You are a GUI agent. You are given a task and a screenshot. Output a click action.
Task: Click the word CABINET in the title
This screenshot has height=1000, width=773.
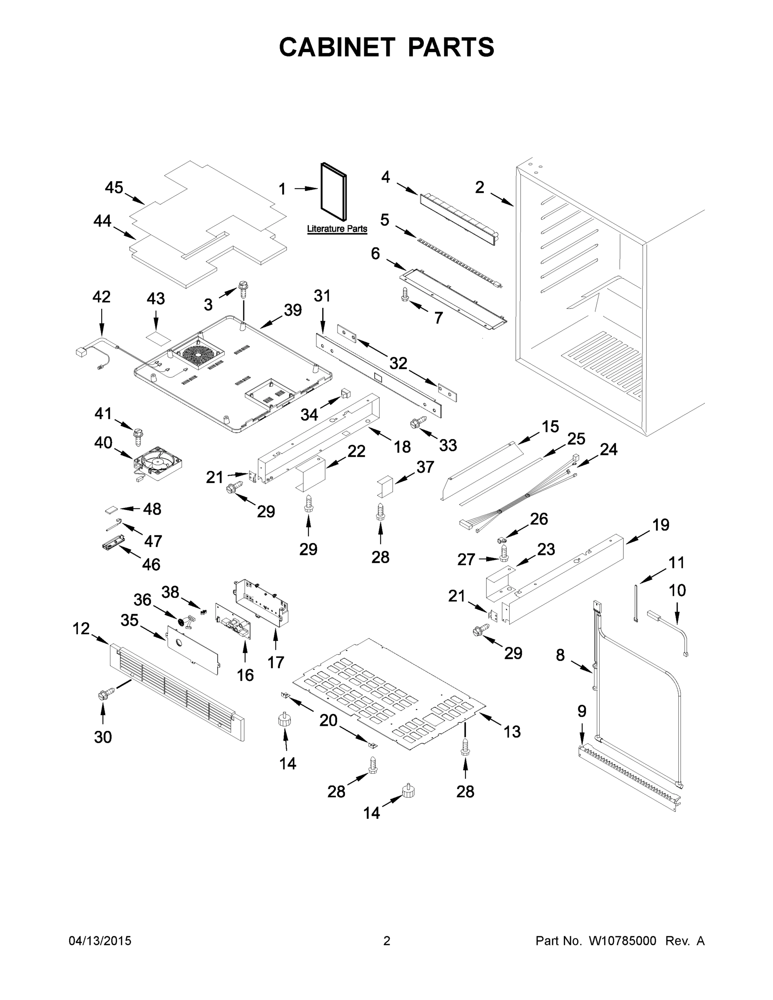tap(337, 47)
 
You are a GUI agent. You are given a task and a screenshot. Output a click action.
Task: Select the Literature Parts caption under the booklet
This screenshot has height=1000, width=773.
tap(337, 228)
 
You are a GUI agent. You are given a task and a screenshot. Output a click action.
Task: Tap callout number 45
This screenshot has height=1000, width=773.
tap(114, 187)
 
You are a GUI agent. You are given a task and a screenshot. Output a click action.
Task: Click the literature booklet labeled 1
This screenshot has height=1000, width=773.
tap(333, 191)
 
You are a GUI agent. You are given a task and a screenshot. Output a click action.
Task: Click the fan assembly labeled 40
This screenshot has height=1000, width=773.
tap(157, 463)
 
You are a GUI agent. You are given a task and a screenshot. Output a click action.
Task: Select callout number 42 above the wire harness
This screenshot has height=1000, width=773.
tap(101, 297)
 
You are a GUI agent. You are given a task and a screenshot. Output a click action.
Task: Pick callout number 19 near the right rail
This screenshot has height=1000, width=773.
tap(660, 525)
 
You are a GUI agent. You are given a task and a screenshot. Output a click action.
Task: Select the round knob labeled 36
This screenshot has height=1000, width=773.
tap(181, 622)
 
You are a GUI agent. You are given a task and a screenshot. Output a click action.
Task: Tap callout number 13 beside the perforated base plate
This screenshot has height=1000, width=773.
tap(512, 731)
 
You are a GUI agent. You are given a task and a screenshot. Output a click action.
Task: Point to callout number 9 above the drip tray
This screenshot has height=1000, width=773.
tap(582, 711)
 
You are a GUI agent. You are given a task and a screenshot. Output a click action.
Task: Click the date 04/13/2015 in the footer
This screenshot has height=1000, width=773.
tap(100, 941)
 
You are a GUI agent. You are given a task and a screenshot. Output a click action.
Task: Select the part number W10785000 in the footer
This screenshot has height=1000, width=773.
tap(622, 941)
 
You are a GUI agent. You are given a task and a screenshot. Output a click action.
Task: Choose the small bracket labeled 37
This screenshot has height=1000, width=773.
tap(385, 485)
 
